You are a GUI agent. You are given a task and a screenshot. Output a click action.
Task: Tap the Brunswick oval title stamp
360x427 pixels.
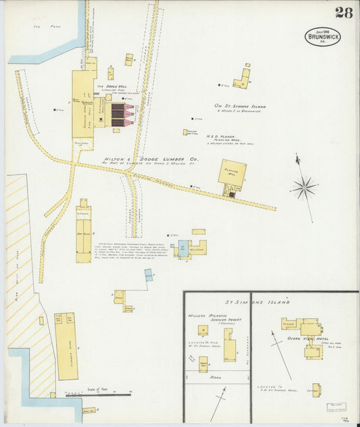coord(323,37)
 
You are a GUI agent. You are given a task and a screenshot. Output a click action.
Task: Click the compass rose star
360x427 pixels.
coord(305,187)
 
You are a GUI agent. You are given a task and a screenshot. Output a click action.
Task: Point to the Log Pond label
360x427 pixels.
coord(42,28)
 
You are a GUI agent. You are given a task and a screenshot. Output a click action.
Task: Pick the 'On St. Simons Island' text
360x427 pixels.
coord(240,106)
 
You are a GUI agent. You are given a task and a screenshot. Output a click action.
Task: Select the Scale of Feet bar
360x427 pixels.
coord(95,394)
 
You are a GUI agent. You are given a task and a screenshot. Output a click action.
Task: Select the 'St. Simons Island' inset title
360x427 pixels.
coord(257,301)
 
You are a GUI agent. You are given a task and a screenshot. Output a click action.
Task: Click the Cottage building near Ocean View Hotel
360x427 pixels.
coord(315,389)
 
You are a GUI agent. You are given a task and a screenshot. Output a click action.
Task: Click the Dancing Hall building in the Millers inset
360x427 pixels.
coord(203,364)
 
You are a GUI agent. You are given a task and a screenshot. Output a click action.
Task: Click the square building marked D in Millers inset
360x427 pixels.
coord(202,330)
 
